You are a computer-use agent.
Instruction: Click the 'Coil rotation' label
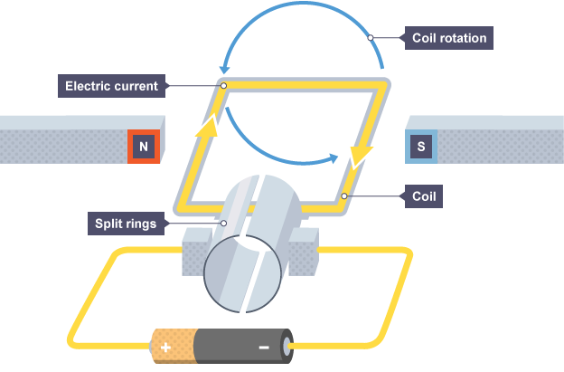coord(449,39)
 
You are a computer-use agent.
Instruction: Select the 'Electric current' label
coord(112,87)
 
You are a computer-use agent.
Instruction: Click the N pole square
coord(144,146)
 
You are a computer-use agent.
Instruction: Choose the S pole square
coord(421,146)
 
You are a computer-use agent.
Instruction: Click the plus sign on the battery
coord(166,346)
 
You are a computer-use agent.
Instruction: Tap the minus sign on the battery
coord(263,346)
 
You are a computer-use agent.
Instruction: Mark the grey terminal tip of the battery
coord(289,346)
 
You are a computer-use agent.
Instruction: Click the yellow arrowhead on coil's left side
coord(208,128)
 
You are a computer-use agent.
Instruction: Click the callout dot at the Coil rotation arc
coord(371,39)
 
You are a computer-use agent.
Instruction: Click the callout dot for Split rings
coord(222,222)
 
